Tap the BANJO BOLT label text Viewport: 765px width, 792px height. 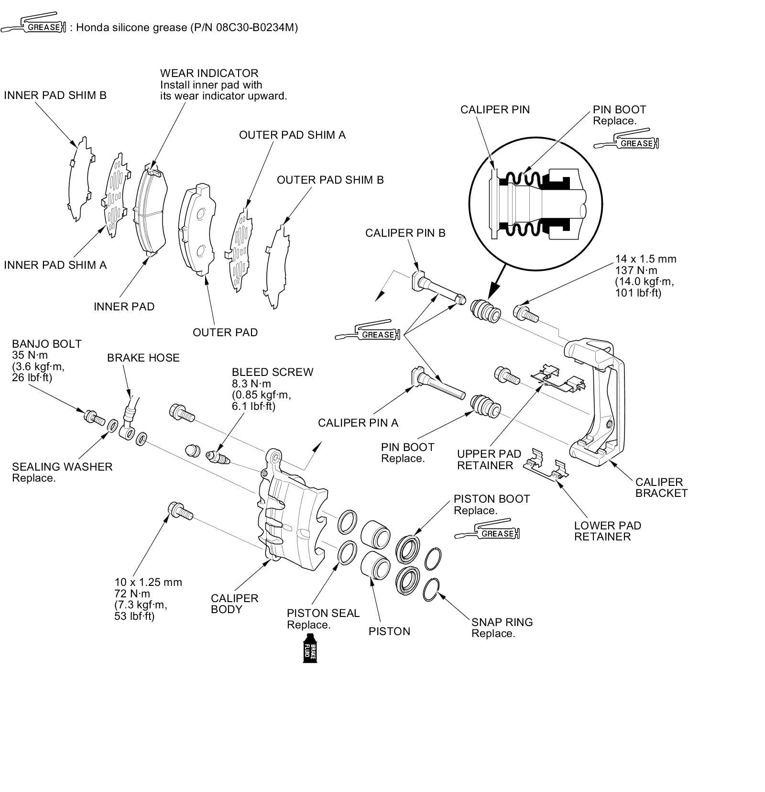[x=46, y=344]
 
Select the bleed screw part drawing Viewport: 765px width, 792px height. [x=219, y=456]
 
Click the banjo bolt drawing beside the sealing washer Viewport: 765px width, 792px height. [x=94, y=418]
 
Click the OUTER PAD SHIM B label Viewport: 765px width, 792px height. [x=330, y=180]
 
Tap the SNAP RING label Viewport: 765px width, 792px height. [x=502, y=622]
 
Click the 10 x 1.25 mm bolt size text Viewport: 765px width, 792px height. [x=148, y=582]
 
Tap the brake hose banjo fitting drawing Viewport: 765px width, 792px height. [x=129, y=421]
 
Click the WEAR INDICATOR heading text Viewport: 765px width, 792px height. [x=209, y=73]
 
